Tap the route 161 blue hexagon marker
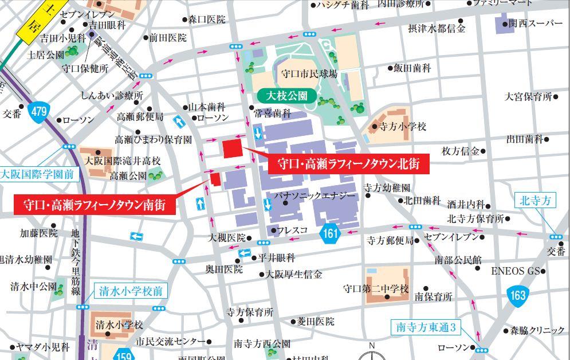coord(331,233)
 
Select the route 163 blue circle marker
coord(517,295)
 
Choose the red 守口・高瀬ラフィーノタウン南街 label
coord(95,204)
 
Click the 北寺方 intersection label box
coord(538,200)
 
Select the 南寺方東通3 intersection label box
coord(427,328)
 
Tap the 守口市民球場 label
coord(309,75)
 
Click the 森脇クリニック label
coord(537,330)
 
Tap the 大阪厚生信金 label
coord(293,275)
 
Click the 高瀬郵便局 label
coord(140,116)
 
